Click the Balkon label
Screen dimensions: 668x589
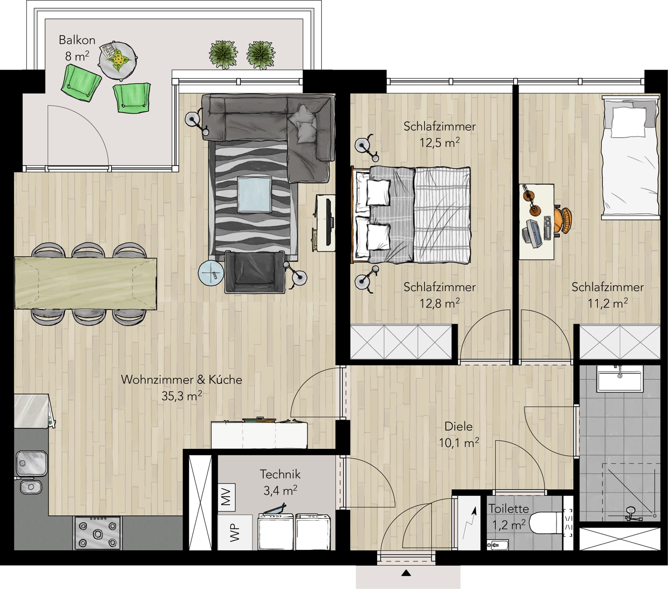77,40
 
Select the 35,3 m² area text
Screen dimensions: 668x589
182,396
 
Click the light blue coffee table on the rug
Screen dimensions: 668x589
254,194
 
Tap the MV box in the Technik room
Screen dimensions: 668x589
226,497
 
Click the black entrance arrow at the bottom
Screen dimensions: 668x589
406,573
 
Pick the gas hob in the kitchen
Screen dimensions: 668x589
98,533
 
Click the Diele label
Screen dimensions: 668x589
459,426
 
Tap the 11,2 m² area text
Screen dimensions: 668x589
607,303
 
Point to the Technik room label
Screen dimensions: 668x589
280,474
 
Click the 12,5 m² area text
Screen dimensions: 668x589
439,142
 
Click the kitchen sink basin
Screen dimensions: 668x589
32,463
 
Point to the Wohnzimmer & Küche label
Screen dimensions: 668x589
182,379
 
